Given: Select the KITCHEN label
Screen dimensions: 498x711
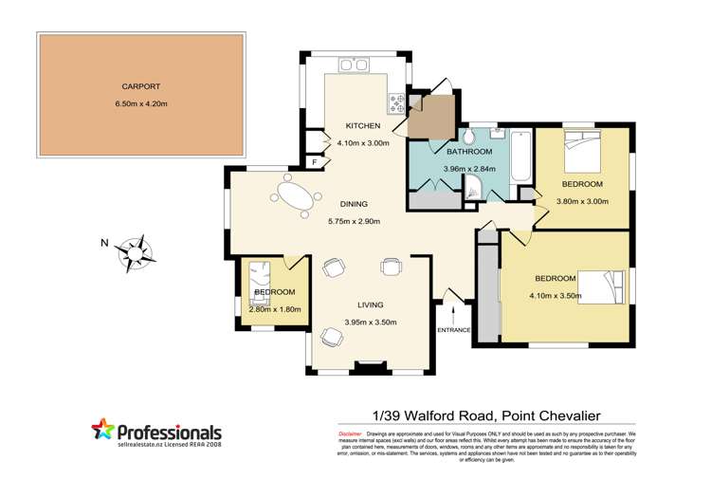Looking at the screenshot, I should pyautogui.click(x=362, y=126).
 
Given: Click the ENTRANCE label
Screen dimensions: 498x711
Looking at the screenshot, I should pyautogui.click(x=454, y=329).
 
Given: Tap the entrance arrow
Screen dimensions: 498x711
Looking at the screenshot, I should pyautogui.click(x=454, y=311).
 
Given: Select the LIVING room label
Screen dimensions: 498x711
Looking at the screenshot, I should pyautogui.click(x=370, y=305).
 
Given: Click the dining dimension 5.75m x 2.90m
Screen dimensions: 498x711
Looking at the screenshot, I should pyautogui.click(x=354, y=222).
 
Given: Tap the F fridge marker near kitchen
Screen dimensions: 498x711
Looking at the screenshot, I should pyautogui.click(x=315, y=162).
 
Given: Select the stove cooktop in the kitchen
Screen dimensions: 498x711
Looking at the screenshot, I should pyautogui.click(x=395, y=99).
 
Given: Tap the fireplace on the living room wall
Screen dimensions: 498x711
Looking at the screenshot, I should pyautogui.click(x=366, y=364).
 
